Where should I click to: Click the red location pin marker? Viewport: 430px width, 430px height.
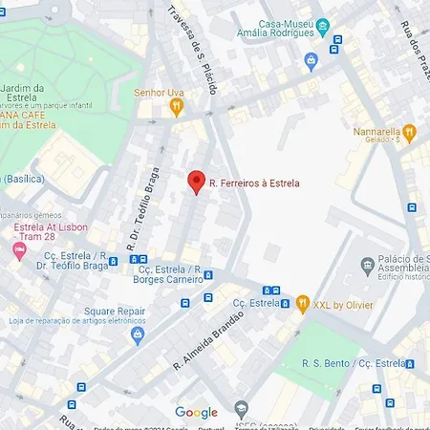pos(196,182)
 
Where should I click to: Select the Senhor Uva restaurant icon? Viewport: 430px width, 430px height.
pos(176,107)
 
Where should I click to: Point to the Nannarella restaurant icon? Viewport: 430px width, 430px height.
pos(410,132)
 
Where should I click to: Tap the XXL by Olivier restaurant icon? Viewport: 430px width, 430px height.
pos(303,304)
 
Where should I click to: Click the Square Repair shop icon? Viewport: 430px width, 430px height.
pos(138,334)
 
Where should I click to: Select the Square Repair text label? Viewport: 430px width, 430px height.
pos(114,312)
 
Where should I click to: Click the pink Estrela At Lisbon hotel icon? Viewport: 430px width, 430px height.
pos(17,250)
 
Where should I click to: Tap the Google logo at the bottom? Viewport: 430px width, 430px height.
pos(196,413)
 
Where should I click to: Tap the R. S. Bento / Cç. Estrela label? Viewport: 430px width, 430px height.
pos(354,363)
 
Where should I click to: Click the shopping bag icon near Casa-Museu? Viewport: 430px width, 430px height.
pos(311,60)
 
